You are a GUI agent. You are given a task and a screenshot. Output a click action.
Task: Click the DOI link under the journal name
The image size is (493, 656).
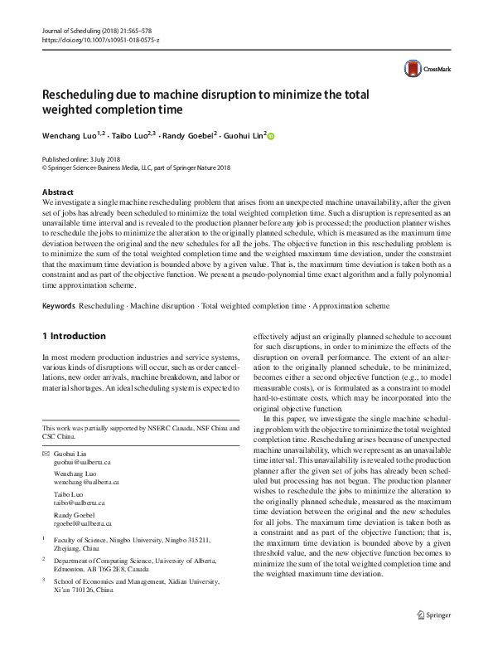coord(100,40)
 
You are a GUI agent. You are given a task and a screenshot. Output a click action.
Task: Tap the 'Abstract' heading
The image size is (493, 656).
coord(58,192)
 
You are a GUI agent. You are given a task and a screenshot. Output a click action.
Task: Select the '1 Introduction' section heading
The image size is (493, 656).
coord(74,336)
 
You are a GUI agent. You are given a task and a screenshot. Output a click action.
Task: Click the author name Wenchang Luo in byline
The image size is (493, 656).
coord(70,135)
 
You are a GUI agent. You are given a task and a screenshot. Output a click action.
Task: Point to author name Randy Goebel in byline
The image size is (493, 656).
coord(190,135)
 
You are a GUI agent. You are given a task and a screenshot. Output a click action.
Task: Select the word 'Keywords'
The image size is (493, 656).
coord(59,306)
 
